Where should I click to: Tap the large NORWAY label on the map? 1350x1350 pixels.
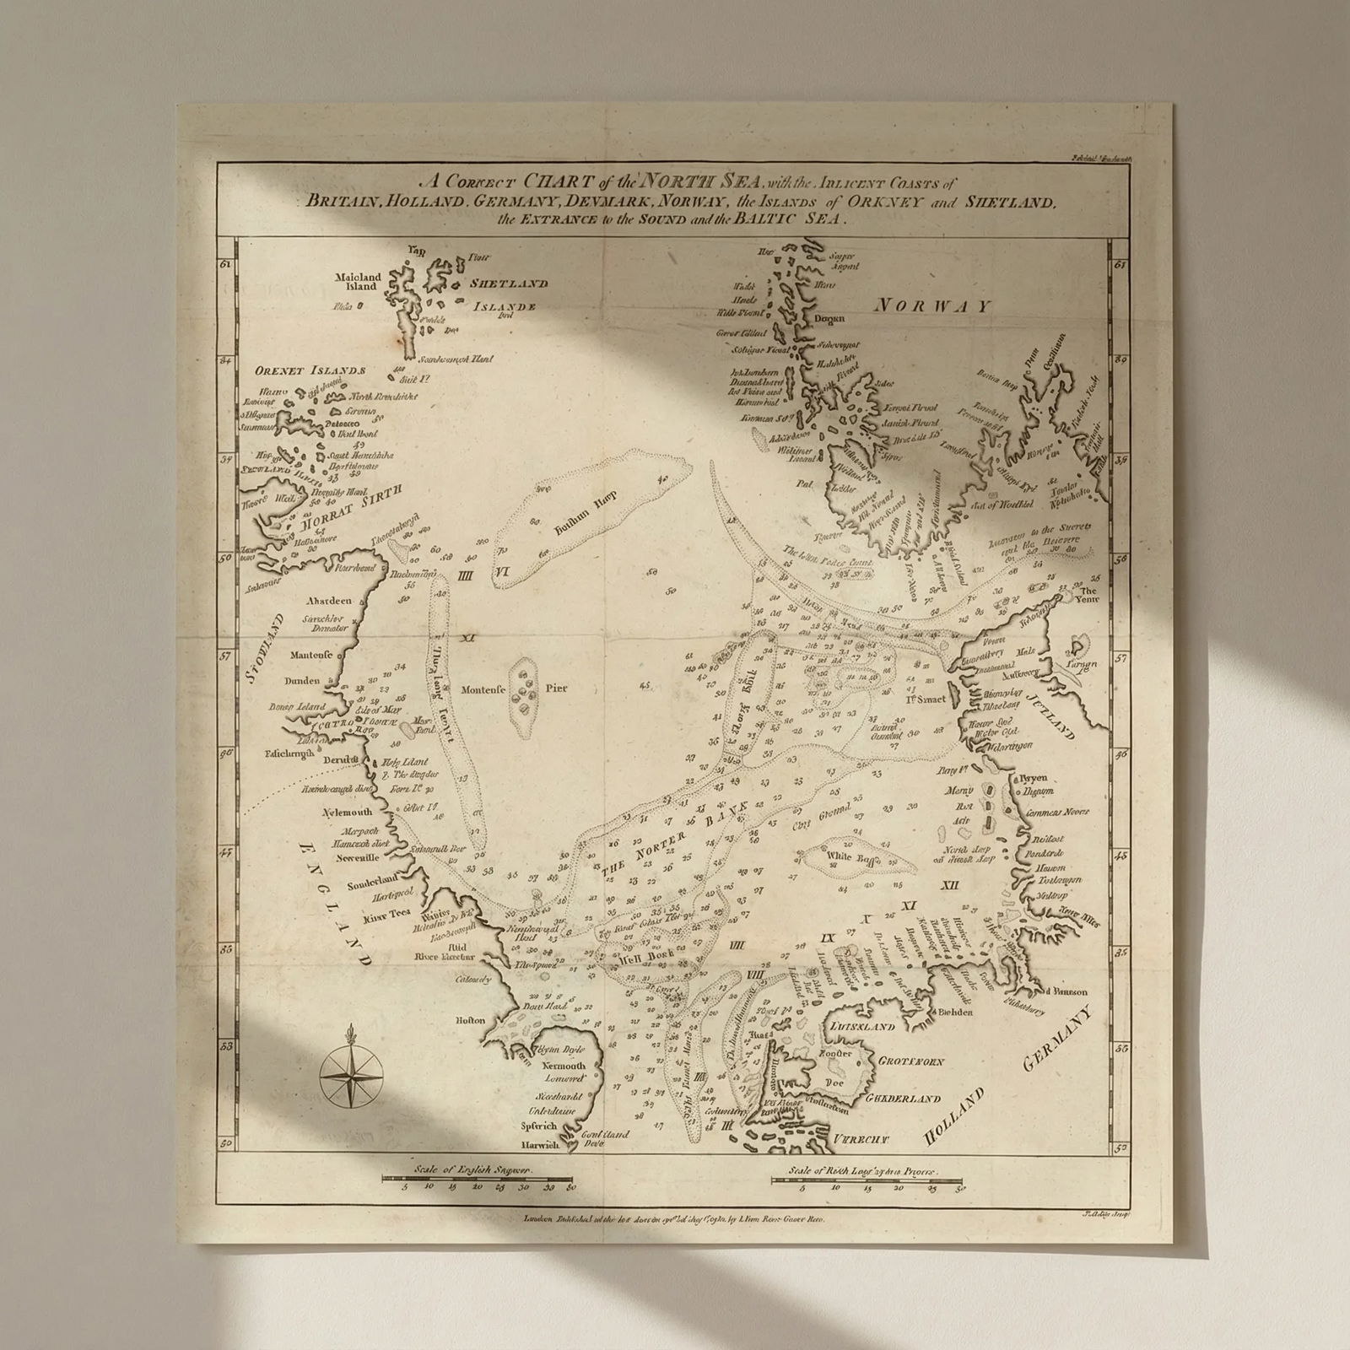click(x=931, y=306)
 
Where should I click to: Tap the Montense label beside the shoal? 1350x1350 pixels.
click(x=483, y=689)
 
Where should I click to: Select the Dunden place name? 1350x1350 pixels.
click(x=302, y=681)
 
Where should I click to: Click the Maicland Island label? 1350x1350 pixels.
click(x=359, y=282)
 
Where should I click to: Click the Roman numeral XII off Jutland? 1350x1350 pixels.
click(x=951, y=885)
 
